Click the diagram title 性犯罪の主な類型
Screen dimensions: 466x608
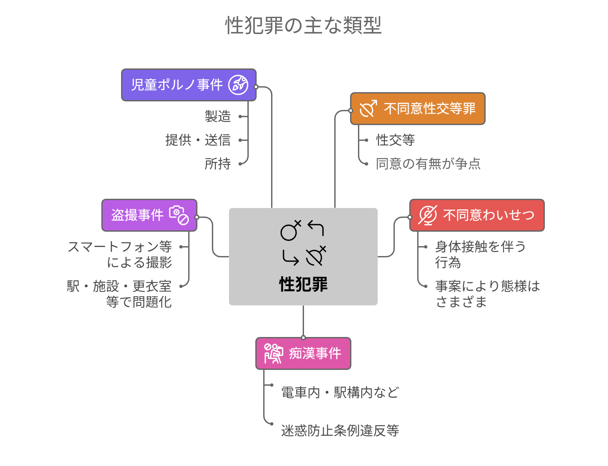303,25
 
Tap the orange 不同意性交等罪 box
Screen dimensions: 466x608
429,109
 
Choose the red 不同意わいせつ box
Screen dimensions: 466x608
488,215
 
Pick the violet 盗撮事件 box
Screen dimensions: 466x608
138,215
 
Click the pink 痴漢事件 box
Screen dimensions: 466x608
315,354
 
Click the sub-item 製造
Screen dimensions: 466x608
218,116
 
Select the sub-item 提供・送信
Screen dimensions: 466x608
198,140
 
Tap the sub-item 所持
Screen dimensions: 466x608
218,164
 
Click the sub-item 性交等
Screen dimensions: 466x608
395,140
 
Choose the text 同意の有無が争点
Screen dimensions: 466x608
428,164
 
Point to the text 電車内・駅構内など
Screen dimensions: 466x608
340,393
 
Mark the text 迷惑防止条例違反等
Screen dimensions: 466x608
340,430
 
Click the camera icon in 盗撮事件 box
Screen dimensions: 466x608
179,215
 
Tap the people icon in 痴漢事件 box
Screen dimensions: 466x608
273,354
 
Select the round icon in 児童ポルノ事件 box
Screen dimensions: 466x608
239,85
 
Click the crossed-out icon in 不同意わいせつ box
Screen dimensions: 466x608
428,215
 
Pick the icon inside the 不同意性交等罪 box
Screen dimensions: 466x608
368,109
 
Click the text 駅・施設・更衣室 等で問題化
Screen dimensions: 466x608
119,294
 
